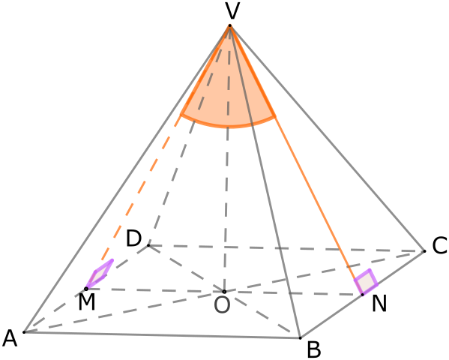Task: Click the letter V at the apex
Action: pos(232,11)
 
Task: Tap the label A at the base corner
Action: pos(10,338)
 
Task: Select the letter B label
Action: pos(314,349)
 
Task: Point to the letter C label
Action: pos(439,246)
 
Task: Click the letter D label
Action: pos(133,238)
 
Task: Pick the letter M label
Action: pos(87,302)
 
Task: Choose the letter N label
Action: pos(379,304)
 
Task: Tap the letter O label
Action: pos(222,305)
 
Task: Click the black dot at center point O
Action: pos(225,292)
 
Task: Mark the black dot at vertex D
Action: pos(148,245)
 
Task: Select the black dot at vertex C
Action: pos(425,251)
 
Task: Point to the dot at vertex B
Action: pos(301,338)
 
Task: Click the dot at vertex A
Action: pos(24,332)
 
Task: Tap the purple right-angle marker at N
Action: pos(366,282)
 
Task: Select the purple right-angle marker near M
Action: pos(100,274)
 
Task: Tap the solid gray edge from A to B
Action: pos(162,335)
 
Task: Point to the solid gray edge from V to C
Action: pos(328,139)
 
